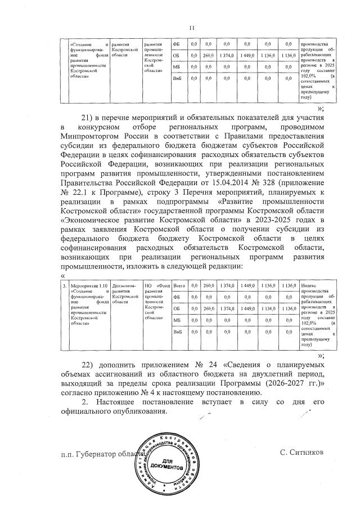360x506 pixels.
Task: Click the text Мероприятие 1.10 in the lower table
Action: (x=88, y=286)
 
